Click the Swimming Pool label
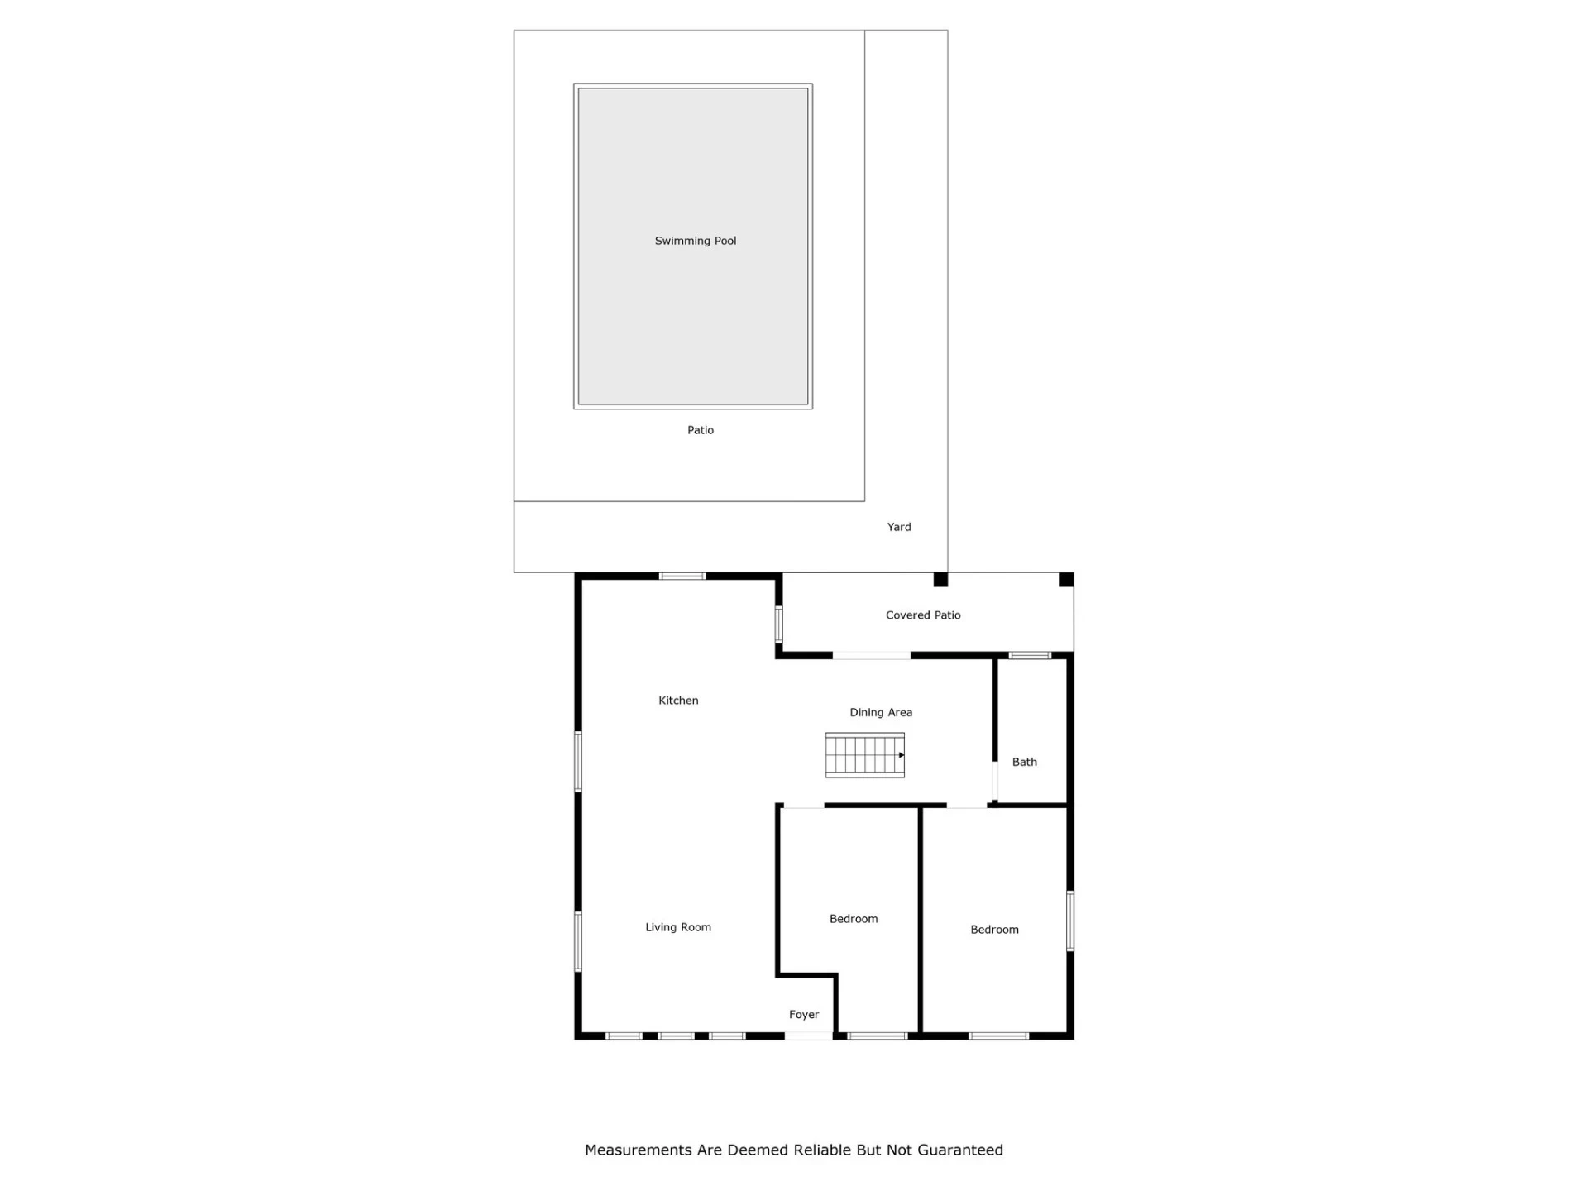click(x=695, y=241)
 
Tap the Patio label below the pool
click(x=701, y=430)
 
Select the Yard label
click(x=899, y=527)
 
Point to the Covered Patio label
click(x=923, y=615)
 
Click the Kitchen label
click(x=678, y=701)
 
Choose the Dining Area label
click(x=881, y=712)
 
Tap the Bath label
click(x=1024, y=762)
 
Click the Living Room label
click(x=678, y=927)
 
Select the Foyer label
click(x=804, y=1015)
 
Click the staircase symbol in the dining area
click(x=864, y=755)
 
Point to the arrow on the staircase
click(x=902, y=755)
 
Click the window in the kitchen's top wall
click(x=682, y=576)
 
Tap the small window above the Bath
click(x=1030, y=655)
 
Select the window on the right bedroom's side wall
click(x=1070, y=921)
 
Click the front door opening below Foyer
click(x=809, y=1036)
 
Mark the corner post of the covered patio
click(x=1067, y=580)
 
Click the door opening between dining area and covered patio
click(x=872, y=655)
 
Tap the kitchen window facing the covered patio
click(x=778, y=624)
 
